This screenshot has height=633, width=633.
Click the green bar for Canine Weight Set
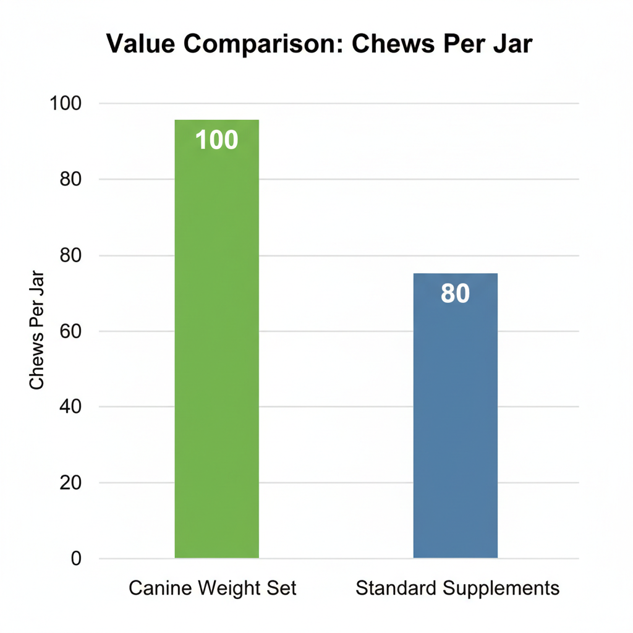point(216,346)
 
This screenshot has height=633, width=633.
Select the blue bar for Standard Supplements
point(455,420)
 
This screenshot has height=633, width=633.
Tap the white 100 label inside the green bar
point(216,140)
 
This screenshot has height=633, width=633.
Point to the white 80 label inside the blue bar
point(455,294)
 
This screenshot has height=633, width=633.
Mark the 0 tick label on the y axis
point(76,559)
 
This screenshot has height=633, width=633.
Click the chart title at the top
point(319,45)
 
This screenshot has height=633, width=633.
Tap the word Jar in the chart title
point(511,45)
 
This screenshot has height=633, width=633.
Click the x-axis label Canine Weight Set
point(213,588)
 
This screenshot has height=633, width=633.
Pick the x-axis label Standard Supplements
point(457,588)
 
